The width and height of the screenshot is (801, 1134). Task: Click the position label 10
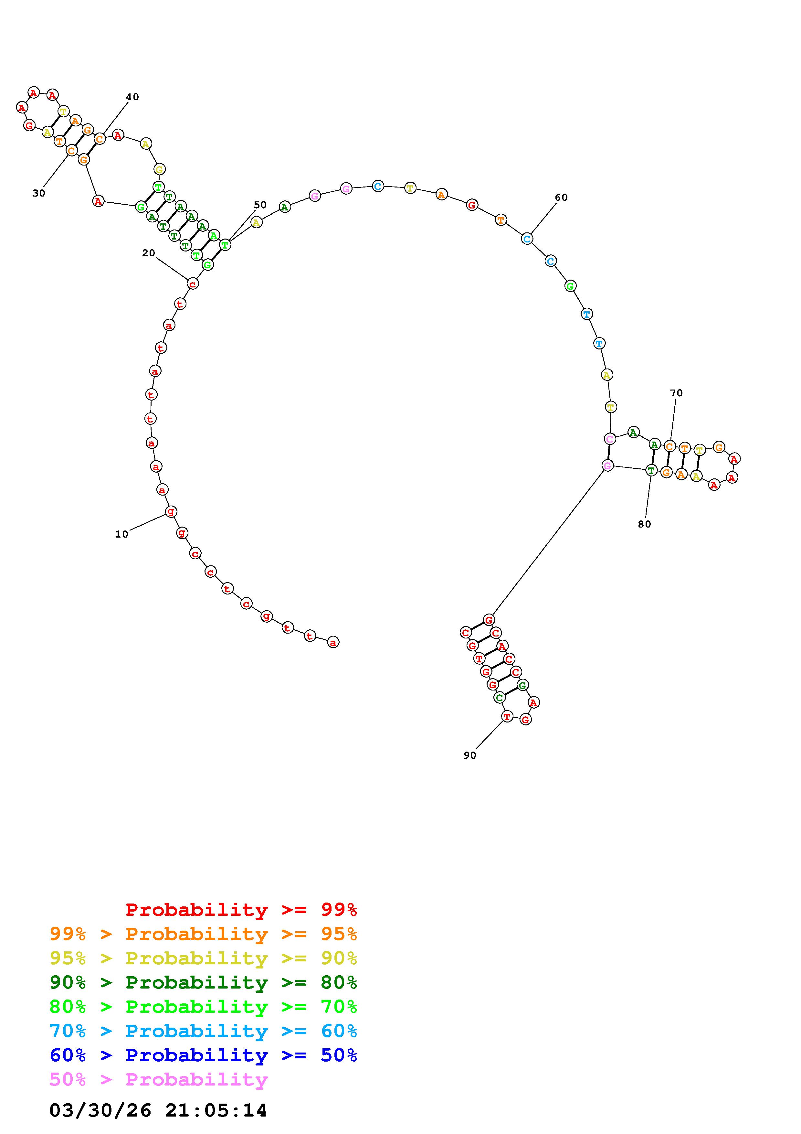[x=121, y=534]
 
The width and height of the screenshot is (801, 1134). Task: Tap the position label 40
[x=132, y=97]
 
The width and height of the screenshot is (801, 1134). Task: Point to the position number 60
[x=561, y=197]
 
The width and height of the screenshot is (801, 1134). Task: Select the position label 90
[x=470, y=755]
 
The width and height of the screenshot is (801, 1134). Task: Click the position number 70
[x=676, y=393]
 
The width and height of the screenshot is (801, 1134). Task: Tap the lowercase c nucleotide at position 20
[x=193, y=283]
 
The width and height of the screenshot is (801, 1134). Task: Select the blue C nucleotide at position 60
[x=527, y=239]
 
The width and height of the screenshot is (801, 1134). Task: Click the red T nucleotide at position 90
[x=507, y=716]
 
